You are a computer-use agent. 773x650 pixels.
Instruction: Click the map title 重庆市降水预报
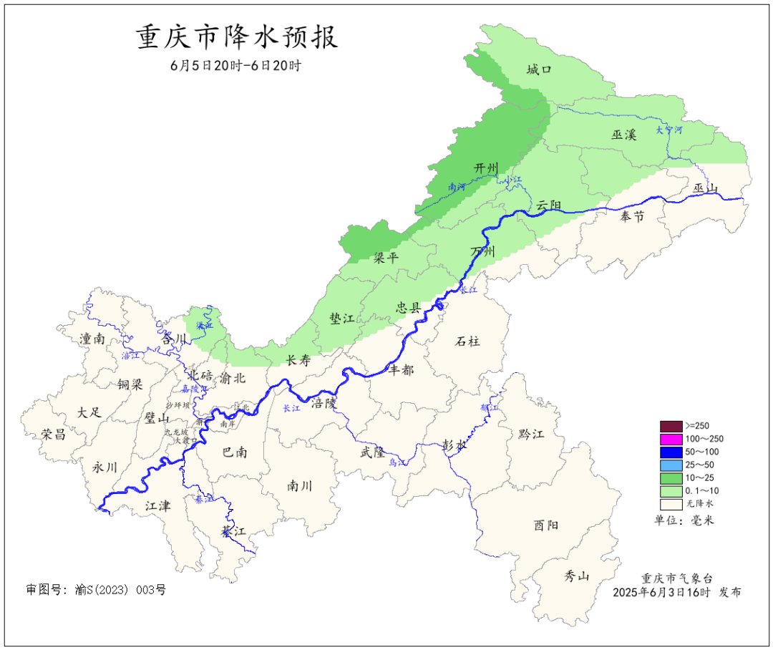[x=237, y=37]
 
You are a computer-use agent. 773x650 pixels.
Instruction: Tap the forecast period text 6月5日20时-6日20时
[x=235, y=65]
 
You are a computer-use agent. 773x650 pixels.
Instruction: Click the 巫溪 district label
[x=623, y=134]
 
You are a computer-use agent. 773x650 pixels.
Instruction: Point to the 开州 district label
[x=486, y=168]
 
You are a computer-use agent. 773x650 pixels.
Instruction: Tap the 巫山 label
[x=705, y=188]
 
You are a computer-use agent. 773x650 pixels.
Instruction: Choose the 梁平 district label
[x=386, y=258]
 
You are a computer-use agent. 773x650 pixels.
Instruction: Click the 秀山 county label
[x=576, y=576]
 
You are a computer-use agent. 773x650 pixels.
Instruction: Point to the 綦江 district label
[x=233, y=531]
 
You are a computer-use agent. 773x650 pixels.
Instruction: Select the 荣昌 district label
[x=53, y=434]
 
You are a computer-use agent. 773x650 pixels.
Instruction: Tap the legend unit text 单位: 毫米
[x=684, y=520]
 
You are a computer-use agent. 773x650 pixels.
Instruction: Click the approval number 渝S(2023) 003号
[x=96, y=590]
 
